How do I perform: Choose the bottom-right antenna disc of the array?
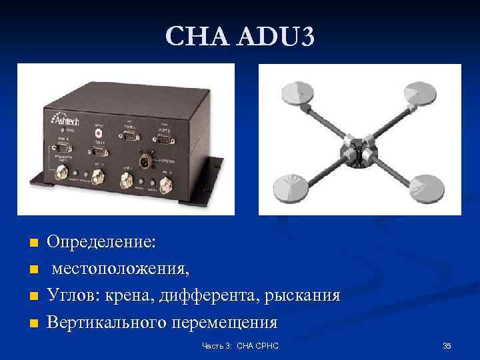point(425,189)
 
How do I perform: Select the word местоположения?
point(121,269)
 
